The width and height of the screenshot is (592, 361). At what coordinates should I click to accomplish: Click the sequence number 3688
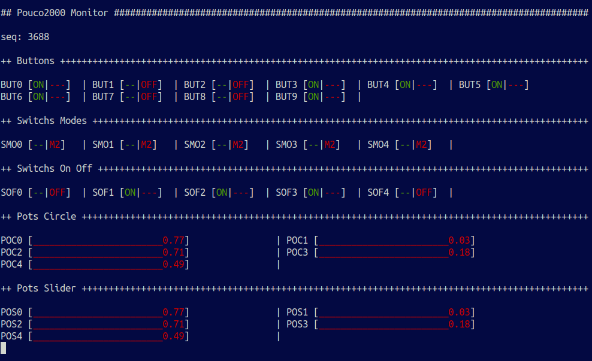tap(38, 37)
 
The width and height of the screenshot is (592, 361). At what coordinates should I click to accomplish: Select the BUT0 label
tap(11, 85)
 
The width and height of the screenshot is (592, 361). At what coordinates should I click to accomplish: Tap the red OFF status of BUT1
tap(149, 85)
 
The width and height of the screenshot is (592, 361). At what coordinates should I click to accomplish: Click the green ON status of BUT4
tap(405, 85)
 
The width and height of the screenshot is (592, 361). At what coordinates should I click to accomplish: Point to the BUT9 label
tap(286, 97)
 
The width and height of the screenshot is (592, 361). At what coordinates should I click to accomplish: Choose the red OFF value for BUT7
tap(149, 97)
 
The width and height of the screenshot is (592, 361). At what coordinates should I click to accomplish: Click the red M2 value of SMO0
tap(55, 145)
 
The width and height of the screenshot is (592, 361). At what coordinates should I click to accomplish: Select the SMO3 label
tap(286, 145)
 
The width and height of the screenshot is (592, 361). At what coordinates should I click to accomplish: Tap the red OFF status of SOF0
tap(58, 193)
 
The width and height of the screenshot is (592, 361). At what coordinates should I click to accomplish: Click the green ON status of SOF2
tap(222, 193)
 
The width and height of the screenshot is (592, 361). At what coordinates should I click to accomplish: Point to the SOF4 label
tap(378, 193)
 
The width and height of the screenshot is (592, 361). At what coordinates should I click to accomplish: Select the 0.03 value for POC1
tap(459, 241)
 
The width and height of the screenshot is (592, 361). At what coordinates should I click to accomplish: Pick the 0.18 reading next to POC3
tap(459, 253)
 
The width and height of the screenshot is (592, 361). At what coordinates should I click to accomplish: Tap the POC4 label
tap(11, 265)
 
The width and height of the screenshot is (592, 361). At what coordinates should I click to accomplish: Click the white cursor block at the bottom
tap(3, 348)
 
